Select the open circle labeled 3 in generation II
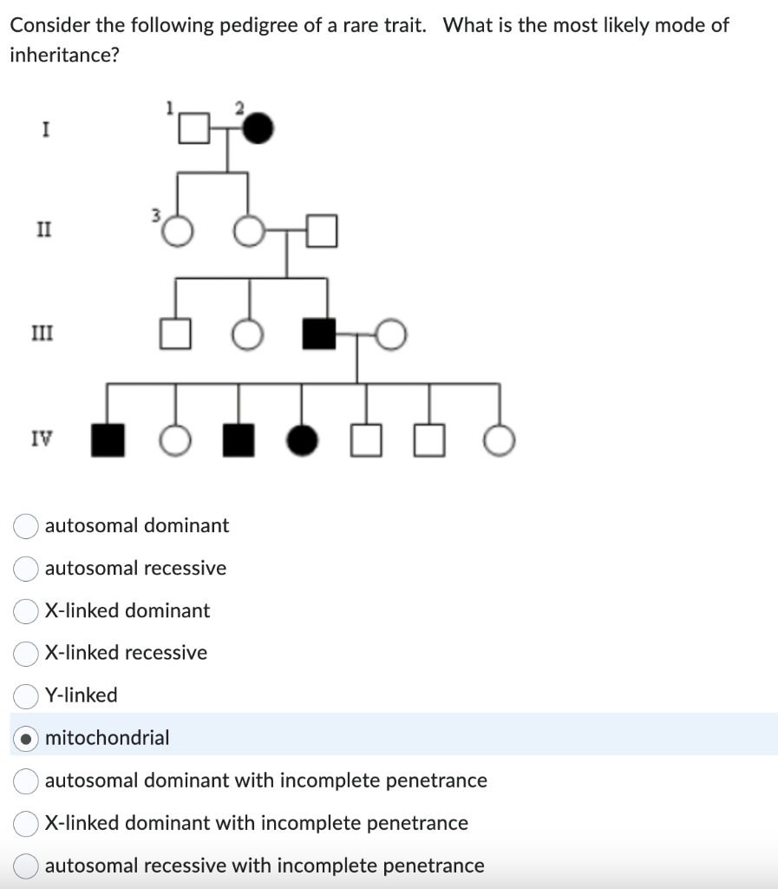click(177, 232)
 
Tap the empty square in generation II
click(320, 232)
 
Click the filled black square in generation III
click(318, 334)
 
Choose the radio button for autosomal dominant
click(25, 526)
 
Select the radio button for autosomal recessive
click(25, 569)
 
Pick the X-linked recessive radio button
click(25, 653)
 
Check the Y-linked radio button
click(25, 695)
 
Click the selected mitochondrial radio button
click(25, 738)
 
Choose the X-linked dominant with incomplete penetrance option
click(25, 823)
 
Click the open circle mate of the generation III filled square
click(391, 334)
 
